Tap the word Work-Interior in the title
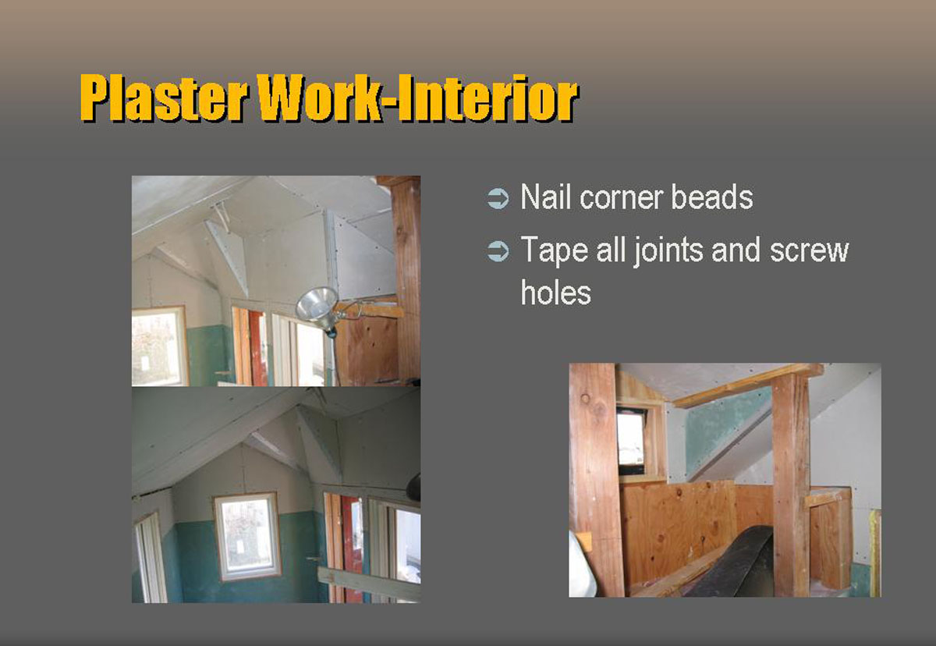click(417, 98)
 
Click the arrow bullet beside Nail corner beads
click(498, 198)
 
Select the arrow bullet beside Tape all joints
click(498, 251)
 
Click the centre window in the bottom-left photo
click(246, 537)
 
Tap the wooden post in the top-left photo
click(406, 280)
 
